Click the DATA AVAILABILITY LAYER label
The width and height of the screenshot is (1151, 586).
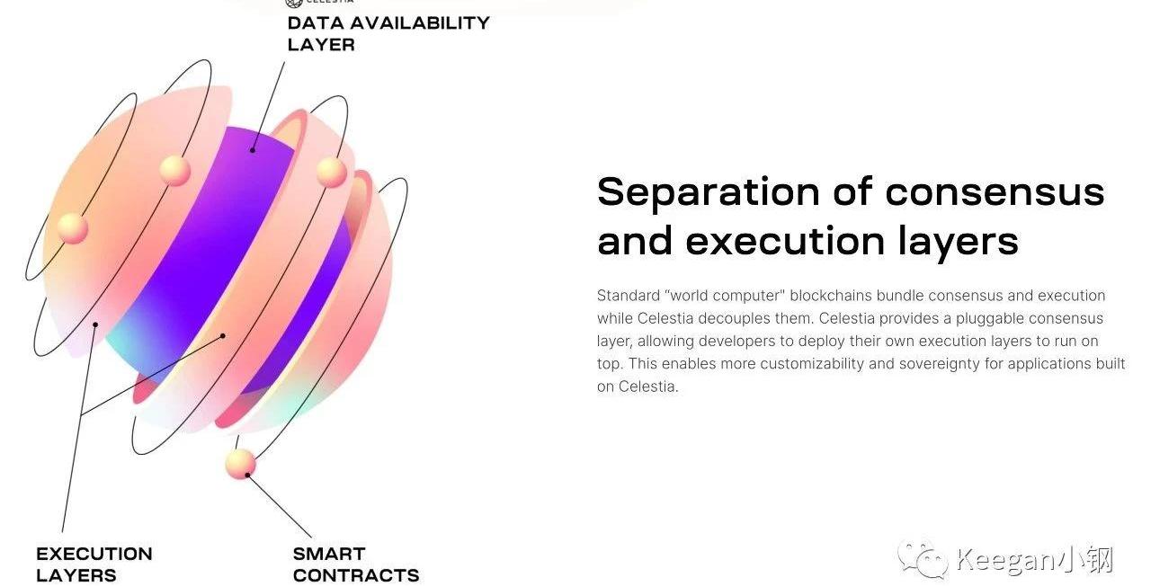pos(388,34)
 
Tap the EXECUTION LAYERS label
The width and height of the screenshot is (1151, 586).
pos(94,564)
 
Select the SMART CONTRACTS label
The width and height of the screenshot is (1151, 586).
pos(355,564)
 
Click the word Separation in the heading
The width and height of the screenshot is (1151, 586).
pos(708,192)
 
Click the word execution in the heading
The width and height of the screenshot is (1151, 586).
pos(785,242)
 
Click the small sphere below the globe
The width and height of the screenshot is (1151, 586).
pos(240,464)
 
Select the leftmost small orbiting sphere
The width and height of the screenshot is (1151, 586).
pos(73,228)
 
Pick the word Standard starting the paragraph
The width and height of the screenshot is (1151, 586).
pos(629,296)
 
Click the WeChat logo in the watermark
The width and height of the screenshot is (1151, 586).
pos(923,559)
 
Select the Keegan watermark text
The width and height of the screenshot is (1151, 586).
pos(1035,559)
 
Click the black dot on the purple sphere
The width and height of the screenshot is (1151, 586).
pos(253,150)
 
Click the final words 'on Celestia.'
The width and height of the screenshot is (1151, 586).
pos(638,386)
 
